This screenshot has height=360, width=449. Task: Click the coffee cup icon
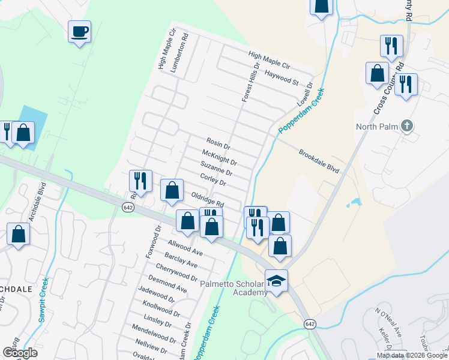[79, 31]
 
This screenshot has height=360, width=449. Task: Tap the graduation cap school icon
[276, 281]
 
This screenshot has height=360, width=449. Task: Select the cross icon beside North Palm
[407, 126]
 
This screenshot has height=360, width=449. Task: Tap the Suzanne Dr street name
[216, 169]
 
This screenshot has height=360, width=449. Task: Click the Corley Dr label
[213, 178]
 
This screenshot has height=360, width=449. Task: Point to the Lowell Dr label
[305, 96]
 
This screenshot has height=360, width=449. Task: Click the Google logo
[20, 353]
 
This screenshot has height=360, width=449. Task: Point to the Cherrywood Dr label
[176, 272]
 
